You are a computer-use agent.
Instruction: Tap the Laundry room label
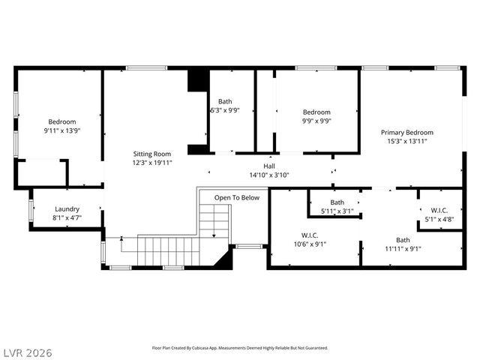[67, 210]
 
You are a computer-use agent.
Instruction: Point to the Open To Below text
[236, 198]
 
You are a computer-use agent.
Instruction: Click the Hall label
[268, 166]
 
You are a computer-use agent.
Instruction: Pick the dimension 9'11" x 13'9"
[62, 130]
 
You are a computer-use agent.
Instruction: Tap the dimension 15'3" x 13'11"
[406, 141]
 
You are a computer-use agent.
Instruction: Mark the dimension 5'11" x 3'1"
[337, 211]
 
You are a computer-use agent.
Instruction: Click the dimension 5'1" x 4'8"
[439, 219]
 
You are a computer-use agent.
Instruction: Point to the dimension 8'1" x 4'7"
[67, 218]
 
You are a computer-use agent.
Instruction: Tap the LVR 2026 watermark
[27, 352]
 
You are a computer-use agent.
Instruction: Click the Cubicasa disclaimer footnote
[240, 348]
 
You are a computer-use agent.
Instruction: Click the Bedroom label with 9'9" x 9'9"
[316, 112]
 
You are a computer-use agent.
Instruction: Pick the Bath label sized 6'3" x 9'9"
[225, 101]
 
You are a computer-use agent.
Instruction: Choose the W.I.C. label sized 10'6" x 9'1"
[309, 234]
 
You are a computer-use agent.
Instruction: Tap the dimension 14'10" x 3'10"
[268, 175]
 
